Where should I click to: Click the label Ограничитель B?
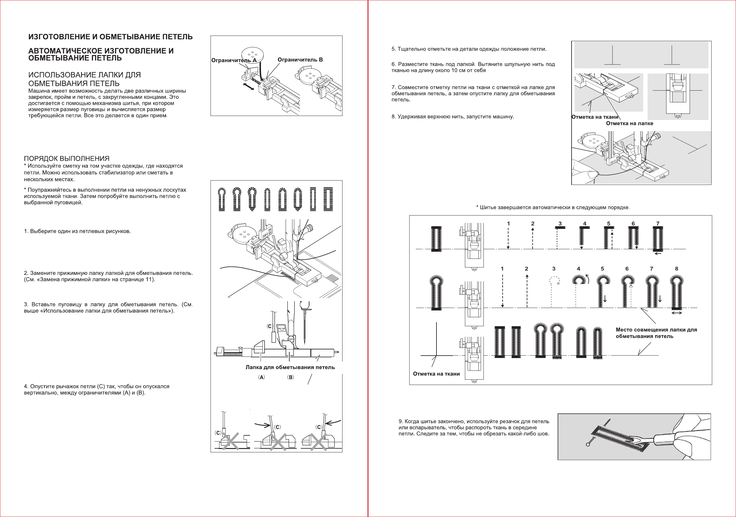click(x=300, y=60)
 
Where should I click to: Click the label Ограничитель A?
click(x=234, y=60)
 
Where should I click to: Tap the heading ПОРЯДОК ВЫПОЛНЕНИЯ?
click(x=67, y=158)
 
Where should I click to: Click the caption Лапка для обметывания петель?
click(x=290, y=367)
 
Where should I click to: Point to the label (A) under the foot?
click(x=262, y=377)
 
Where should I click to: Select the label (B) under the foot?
click(x=291, y=377)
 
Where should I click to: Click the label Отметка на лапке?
click(x=629, y=123)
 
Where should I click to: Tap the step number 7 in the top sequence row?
click(x=658, y=224)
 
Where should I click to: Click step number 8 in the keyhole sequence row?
click(x=677, y=269)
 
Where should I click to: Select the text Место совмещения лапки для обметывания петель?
click(x=656, y=333)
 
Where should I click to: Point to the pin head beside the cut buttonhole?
click(x=588, y=444)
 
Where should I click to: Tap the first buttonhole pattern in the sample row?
click(x=222, y=199)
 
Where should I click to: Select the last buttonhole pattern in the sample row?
click(x=328, y=199)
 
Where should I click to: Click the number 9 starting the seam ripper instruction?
click(x=400, y=421)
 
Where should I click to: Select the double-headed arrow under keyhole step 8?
click(x=677, y=313)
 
